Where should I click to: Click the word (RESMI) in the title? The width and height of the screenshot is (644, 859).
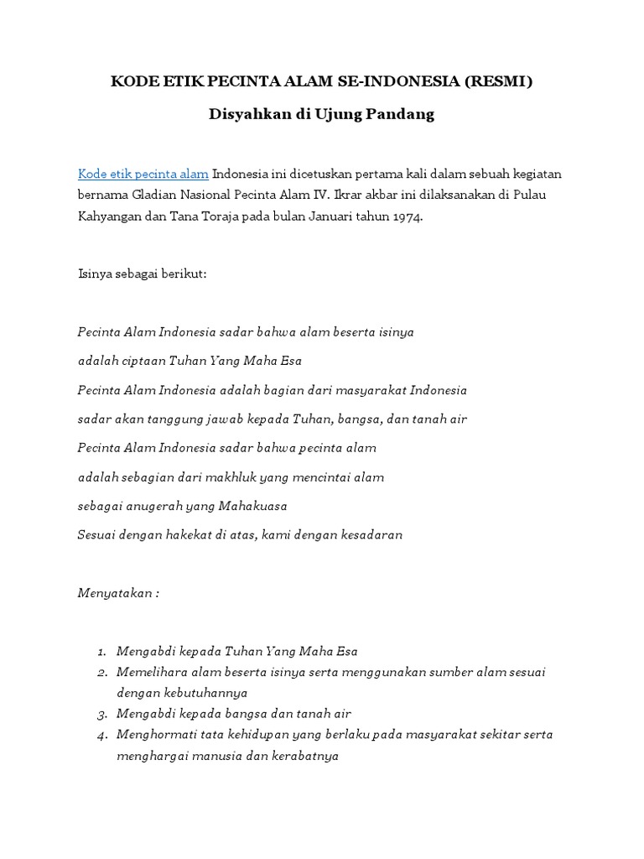point(500,81)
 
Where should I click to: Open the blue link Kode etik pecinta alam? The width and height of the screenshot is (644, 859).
point(143,174)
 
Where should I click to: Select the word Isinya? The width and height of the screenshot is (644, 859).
point(95,274)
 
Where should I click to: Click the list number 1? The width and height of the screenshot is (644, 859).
point(101,651)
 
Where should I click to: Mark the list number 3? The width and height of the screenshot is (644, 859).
point(101,715)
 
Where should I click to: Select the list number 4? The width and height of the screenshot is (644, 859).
point(101,735)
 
